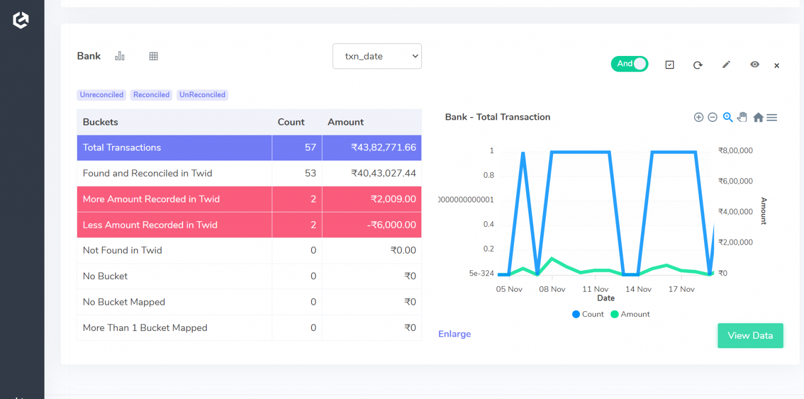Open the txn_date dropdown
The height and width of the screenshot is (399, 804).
tap(377, 56)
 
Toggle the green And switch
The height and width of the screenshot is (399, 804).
tap(629, 64)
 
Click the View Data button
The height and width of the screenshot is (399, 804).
tap(750, 336)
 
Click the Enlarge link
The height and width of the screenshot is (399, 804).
tap(454, 334)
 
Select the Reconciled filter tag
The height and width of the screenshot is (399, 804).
tap(151, 95)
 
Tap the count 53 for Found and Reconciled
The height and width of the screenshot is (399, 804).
tap(310, 173)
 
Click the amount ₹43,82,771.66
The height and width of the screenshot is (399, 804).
tap(384, 147)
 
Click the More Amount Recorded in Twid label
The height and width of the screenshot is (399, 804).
tap(151, 199)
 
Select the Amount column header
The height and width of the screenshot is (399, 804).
tap(345, 122)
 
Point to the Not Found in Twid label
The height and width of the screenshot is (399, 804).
tap(122, 250)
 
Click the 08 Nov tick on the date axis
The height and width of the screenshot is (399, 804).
tap(552, 289)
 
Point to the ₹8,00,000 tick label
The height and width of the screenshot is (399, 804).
tap(735, 151)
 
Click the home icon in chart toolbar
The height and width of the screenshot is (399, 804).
tap(758, 118)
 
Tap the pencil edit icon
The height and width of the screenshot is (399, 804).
tap(726, 64)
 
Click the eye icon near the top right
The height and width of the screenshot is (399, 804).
tap(754, 64)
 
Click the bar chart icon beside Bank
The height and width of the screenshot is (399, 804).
tap(120, 56)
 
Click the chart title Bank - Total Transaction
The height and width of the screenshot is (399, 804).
tap(497, 117)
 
